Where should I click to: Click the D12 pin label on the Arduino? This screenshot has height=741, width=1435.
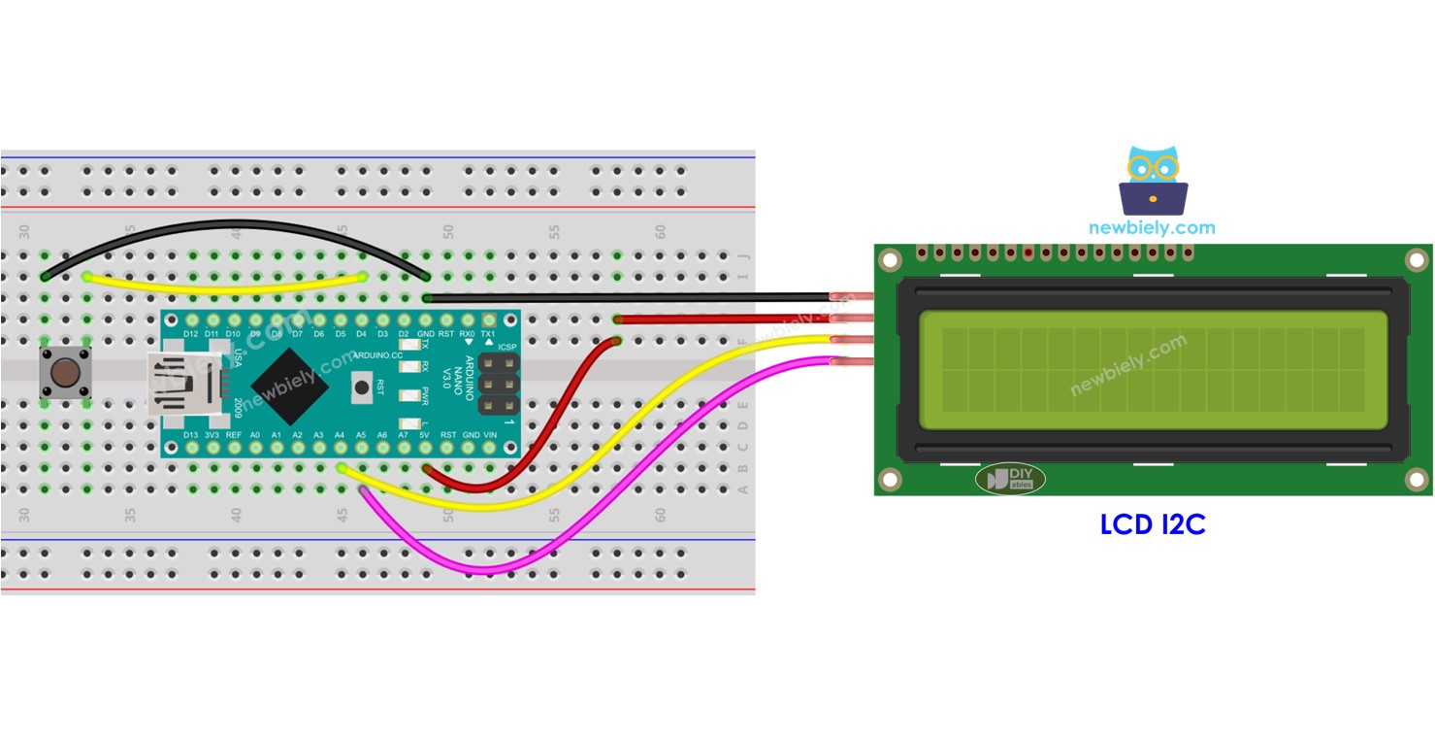[191, 334]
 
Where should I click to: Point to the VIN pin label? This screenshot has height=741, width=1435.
[490, 434]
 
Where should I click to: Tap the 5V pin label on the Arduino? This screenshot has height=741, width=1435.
[425, 434]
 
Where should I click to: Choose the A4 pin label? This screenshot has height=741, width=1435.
[340, 434]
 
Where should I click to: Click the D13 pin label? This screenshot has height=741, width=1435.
[191, 434]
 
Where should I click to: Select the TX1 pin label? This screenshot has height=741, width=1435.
[489, 334]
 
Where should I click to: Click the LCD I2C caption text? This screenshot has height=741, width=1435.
[1152, 525]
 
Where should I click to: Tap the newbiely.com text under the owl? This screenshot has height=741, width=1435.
[1152, 228]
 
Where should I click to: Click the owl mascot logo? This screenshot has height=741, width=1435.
[1153, 181]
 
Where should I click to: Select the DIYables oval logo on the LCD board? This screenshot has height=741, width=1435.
[1010, 478]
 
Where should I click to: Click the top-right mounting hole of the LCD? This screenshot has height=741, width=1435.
[1417, 260]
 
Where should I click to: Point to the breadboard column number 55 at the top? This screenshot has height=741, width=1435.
[554, 233]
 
